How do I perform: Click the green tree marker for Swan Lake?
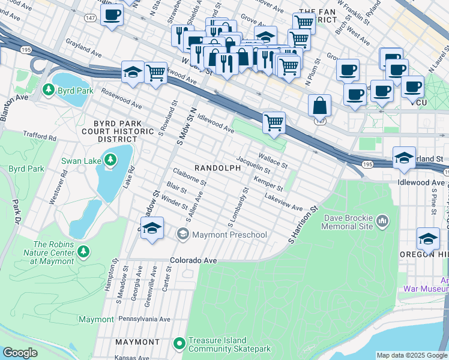coord(109,160)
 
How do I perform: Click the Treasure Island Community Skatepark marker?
coord(178,344)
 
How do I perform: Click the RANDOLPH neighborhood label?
coord(217,169)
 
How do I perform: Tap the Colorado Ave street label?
coord(193,261)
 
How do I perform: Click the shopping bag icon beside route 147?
coord(319,106)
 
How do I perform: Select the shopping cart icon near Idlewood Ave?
coord(274,123)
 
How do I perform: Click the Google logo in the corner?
coord(20,353)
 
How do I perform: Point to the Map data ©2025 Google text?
coord(412,355)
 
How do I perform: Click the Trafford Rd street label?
coord(40,137)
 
